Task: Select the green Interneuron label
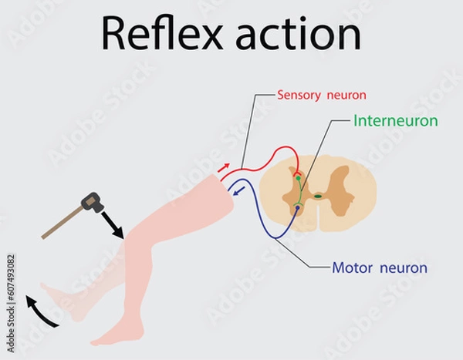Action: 396,121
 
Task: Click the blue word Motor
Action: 352,268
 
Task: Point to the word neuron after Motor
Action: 404,268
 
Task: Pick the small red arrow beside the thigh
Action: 224,167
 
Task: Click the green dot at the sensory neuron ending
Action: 298,178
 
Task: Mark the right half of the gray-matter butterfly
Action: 340,193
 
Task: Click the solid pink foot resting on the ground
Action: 116,335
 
